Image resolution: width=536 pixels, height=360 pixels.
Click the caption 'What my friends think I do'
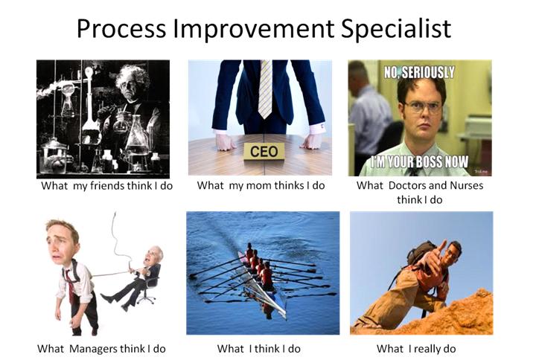coord(106,185)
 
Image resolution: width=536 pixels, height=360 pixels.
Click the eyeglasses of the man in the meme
coord(423,106)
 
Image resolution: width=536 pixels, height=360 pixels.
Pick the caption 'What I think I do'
coord(258,348)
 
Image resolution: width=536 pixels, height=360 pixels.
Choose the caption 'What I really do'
coord(416,348)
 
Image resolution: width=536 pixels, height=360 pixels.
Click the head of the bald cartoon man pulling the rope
coord(154,255)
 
